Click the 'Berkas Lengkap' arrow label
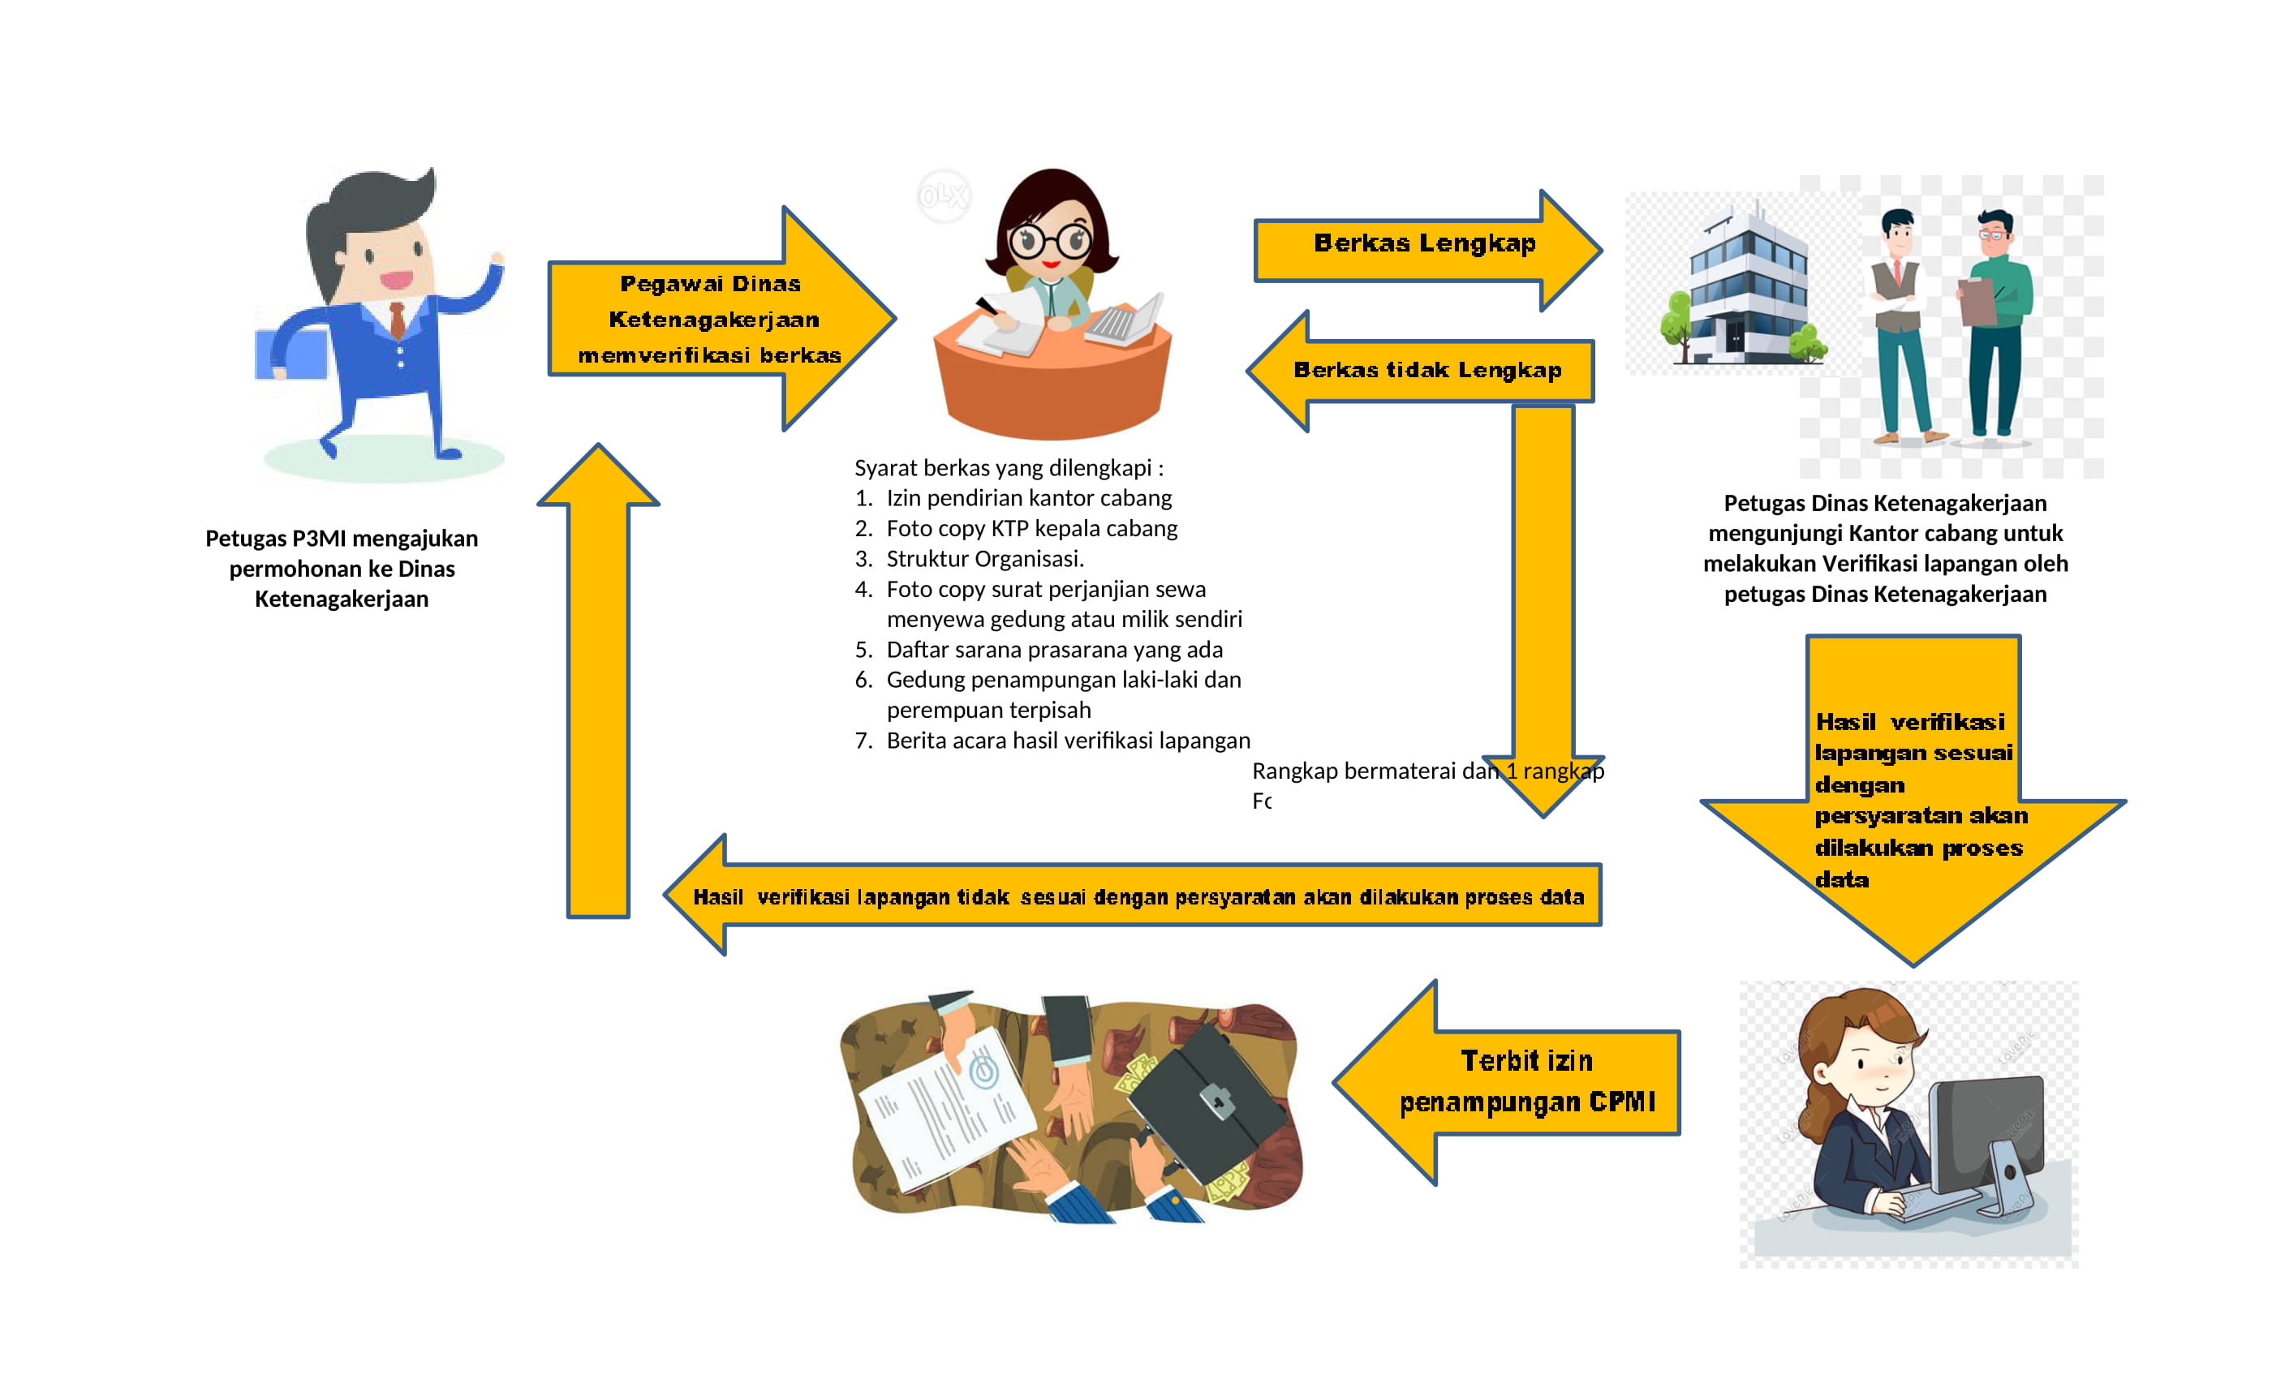click(1424, 243)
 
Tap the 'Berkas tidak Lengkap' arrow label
click(1426, 370)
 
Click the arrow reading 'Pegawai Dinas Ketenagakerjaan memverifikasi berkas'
click(710, 319)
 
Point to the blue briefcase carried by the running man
click(290, 354)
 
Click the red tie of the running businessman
click(398, 319)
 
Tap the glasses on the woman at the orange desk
click(1049, 242)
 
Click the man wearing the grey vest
click(1900, 323)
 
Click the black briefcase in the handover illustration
click(1208, 1102)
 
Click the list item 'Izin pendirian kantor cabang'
click(1028, 498)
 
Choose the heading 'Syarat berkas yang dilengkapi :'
click(1009, 467)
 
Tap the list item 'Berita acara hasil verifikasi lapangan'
click(1068, 740)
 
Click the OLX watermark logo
click(943, 195)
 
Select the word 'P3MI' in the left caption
click(319, 539)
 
